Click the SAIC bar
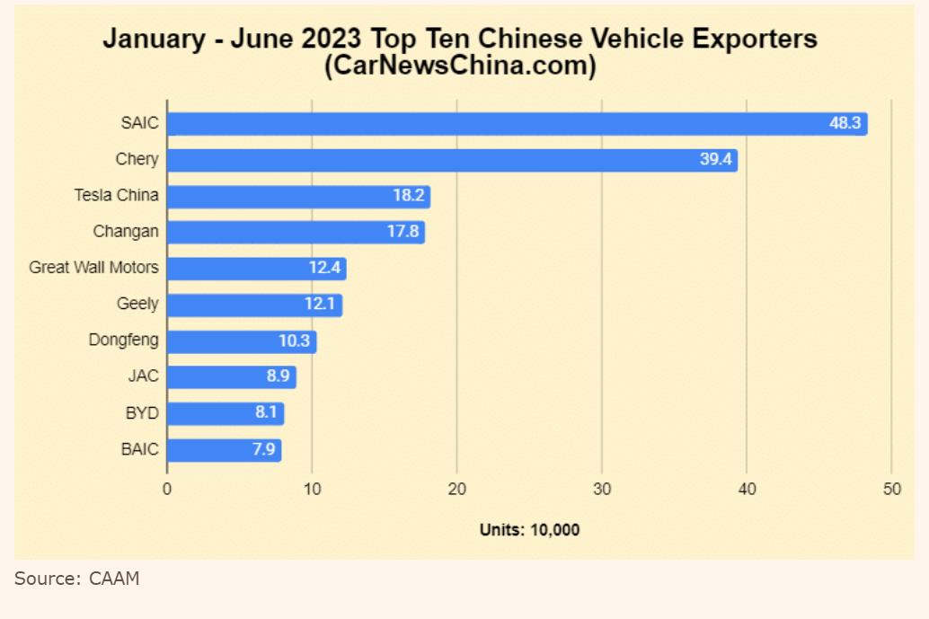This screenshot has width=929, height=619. pos(517,124)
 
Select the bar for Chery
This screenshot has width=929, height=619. pos(452,160)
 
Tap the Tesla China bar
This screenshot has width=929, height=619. pos(298,197)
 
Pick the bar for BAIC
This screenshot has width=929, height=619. pos(224,450)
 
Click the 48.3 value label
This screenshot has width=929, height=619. pos(845,123)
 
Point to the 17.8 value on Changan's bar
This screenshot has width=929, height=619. pos(403,232)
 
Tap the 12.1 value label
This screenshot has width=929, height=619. pos(320,305)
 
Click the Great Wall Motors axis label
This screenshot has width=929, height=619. pos(93,268)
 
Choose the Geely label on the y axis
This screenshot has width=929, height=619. pos(137,304)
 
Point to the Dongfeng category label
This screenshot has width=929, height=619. pos(124,340)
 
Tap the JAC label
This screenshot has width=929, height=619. pos(143,376)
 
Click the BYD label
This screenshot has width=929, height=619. pos(142,413)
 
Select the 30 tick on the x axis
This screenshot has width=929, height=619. pos(602,489)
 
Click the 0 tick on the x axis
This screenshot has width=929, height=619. pos(167,489)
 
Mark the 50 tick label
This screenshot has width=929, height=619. pos(891,489)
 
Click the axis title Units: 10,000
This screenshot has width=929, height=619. pos(529,530)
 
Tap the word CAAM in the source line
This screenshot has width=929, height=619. pos(114,579)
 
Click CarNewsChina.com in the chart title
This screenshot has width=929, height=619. pos(460,66)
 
